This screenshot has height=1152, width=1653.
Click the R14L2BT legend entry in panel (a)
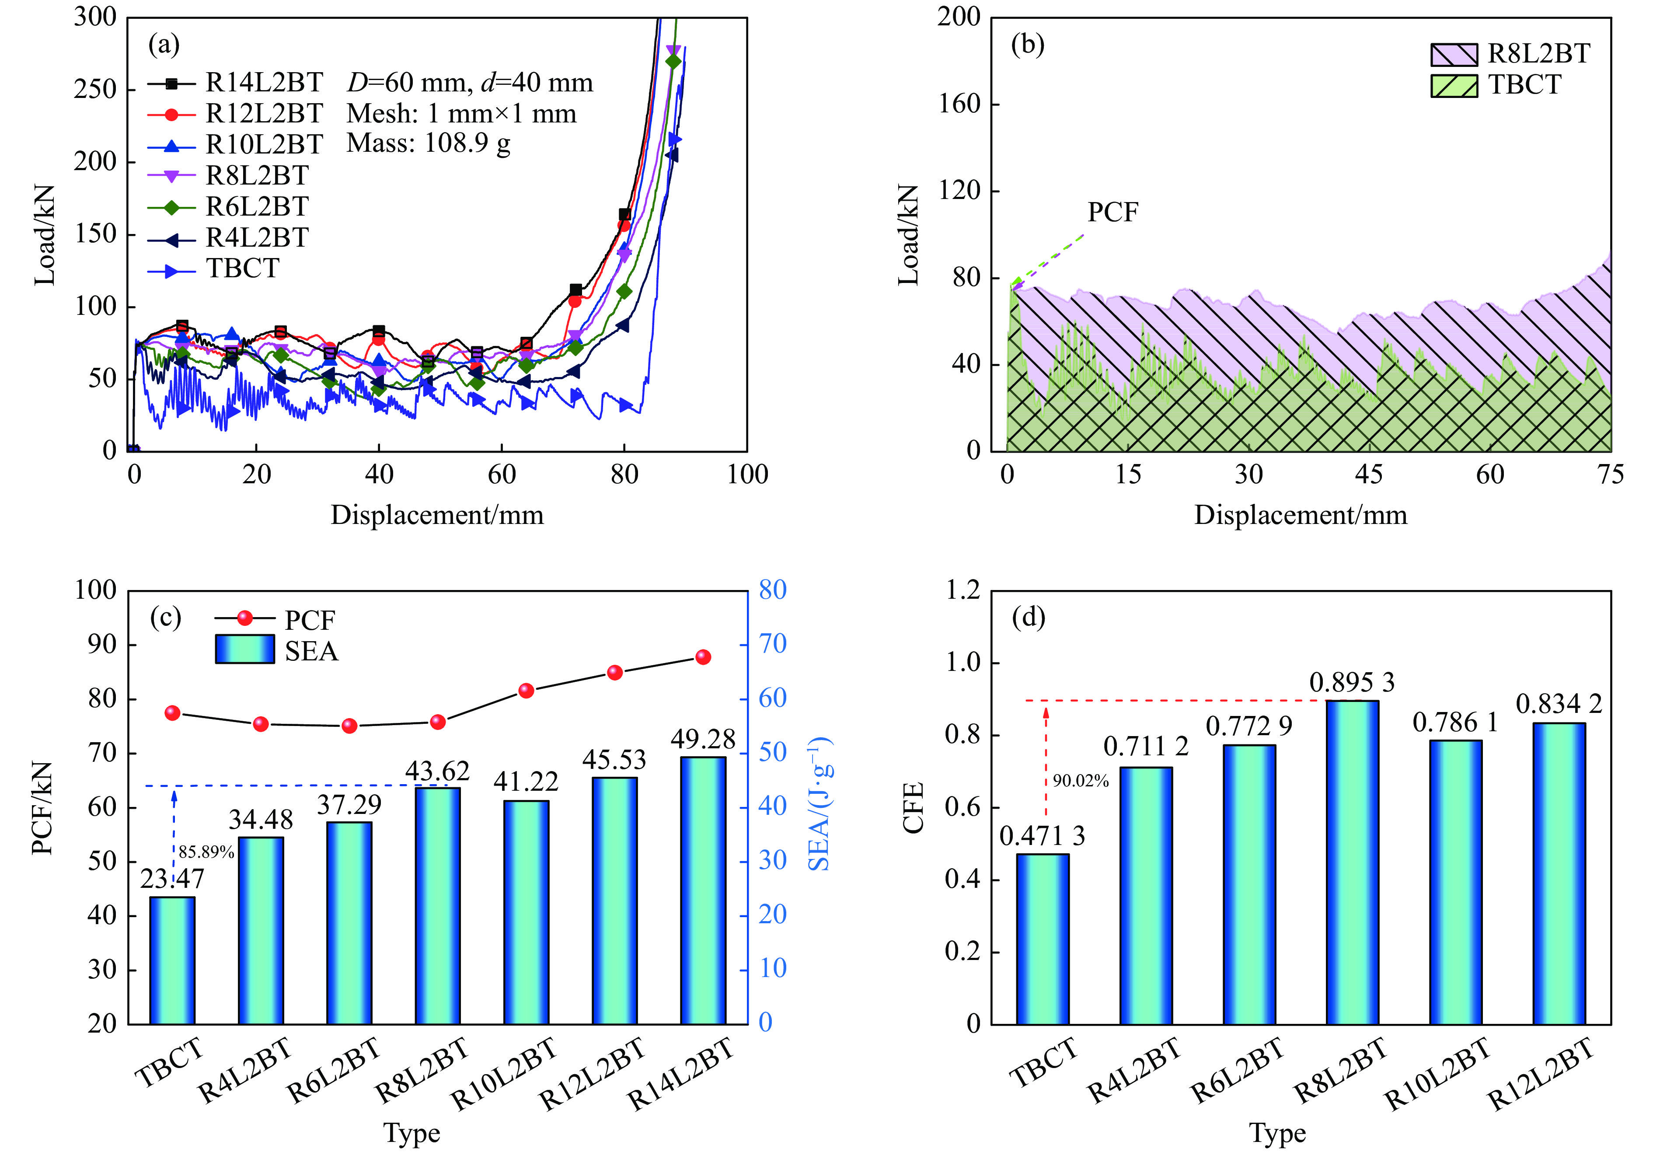coord(264,83)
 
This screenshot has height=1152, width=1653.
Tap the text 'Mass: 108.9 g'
coord(429,143)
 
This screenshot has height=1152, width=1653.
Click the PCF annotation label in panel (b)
coord(1112,213)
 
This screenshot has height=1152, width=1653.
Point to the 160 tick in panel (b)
coord(958,104)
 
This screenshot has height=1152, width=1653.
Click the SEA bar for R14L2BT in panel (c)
coord(703,890)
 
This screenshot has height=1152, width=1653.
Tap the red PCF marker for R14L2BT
coord(703,656)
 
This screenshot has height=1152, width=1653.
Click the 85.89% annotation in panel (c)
coord(206,852)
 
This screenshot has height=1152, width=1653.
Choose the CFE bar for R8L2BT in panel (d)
coord(1352,862)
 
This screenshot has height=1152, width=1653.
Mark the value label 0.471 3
coord(1042,836)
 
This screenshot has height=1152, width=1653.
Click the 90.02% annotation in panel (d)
coord(1081,781)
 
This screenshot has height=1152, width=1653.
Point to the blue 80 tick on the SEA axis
coord(773,590)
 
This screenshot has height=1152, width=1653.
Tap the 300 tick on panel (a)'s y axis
coord(94,17)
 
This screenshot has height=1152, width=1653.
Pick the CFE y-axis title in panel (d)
coord(914,808)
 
